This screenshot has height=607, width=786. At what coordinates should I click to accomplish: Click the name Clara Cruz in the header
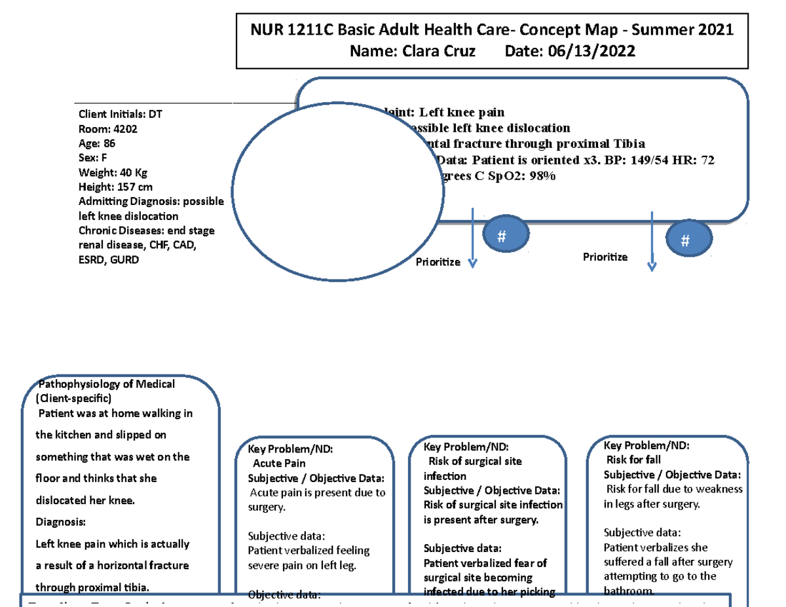coord(434,51)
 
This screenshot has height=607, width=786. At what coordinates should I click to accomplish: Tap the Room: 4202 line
coord(108,129)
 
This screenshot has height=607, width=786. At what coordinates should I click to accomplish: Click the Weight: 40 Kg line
coord(113,172)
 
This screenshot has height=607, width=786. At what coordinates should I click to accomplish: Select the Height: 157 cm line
coord(116,187)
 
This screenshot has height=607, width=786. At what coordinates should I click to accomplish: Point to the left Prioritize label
coord(438,262)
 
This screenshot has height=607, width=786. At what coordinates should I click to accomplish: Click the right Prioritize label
coord(605,257)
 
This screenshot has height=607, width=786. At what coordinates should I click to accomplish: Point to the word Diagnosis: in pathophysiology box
coord(60,522)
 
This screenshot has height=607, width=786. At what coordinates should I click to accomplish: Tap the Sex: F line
coord(92,158)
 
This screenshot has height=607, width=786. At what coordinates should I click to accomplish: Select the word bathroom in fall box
coord(629,591)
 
